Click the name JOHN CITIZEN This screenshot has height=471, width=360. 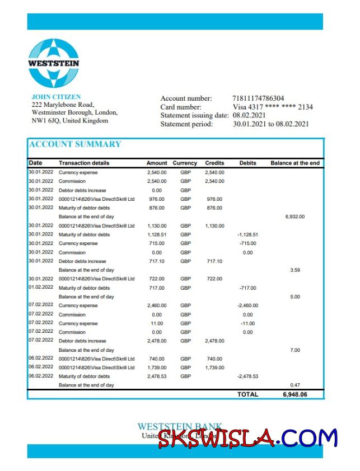click(x=56, y=97)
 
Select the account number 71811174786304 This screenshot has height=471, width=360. click(x=258, y=98)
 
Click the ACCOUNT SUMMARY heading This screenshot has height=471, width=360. click(x=75, y=144)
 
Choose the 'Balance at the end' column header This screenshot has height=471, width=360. click(x=295, y=163)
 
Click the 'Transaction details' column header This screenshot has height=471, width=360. click(x=84, y=163)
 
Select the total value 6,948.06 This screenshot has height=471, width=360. click(x=295, y=394)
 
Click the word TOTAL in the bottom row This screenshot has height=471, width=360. click(x=247, y=394)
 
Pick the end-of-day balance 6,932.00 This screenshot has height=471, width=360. click(x=295, y=216)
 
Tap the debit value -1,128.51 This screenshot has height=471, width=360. click(x=247, y=234)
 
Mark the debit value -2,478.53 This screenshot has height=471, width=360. click(x=247, y=376)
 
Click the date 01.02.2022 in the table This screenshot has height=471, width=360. click(x=41, y=288)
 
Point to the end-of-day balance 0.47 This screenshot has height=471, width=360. click(x=295, y=385)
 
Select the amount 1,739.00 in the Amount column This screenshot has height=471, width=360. click(x=156, y=368)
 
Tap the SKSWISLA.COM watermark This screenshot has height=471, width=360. click(x=248, y=438)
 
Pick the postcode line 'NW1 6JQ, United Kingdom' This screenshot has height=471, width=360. click(x=70, y=120)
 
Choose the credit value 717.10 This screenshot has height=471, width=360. click(x=214, y=261)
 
